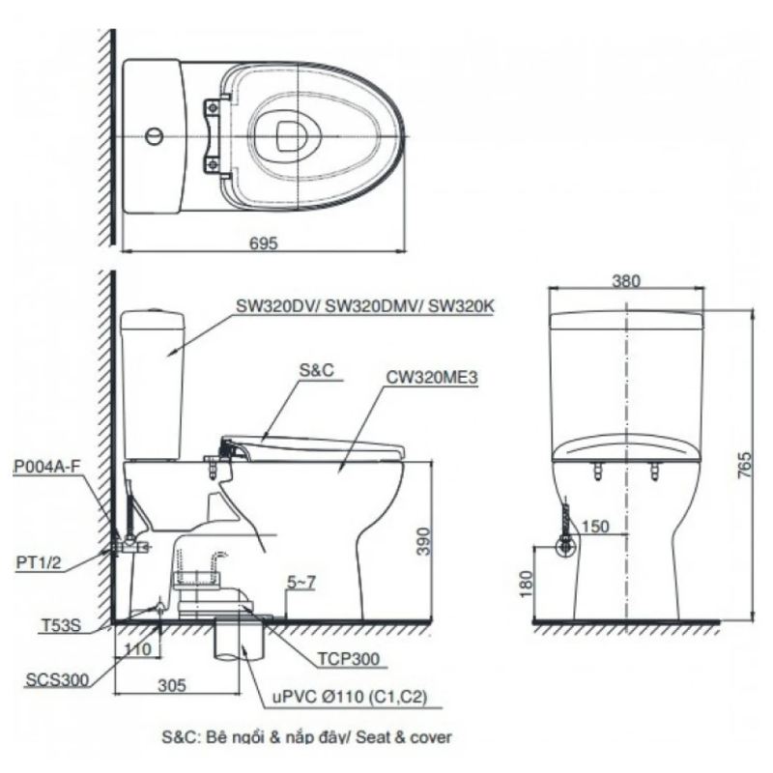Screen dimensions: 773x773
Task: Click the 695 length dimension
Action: pyautogui.click(x=264, y=243)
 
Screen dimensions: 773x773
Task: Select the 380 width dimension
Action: pyautogui.click(x=626, y=281)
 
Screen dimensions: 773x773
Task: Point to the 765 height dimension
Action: pyautogui.click(x=745, y=465)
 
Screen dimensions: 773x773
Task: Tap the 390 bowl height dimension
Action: pyautogui.click(x=423, y=541)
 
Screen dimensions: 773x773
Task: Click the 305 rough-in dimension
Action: pyautogui.click(x=172, y=685)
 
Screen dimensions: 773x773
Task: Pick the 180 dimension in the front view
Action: pyautogui.click(x=527, y=585)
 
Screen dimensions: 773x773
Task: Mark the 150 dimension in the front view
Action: pyautogui.click(x=596, y=527)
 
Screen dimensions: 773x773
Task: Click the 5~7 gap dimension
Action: pyautogui.click(x=301, y=583)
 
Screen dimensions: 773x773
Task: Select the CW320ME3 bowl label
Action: pyautogui.click(x=432, y=378)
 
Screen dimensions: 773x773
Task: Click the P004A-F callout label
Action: pyautogui.click(x=45, y=467)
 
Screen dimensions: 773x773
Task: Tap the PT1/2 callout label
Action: pyautogui.click(x=39, y=562)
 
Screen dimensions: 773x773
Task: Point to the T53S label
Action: pyautogui.click(x=60, y=625)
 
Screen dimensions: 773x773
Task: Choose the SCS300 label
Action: pyautogui.click(x=57, y=680)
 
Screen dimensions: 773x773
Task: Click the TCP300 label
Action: pyautogui.click(x=349, y=659)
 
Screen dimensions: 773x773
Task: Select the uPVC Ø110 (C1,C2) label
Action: pyautogui.click(x=350, y=697)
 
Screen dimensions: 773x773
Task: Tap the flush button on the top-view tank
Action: pyautogui.click(x=154, y=135)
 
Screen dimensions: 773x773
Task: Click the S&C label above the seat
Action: pyautogui.click(x=316, y=370)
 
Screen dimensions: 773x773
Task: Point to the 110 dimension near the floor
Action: pyautogui.click(x=137, y=649)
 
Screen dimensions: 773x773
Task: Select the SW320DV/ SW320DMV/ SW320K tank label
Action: pyautogui.click(x=365, y=306)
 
